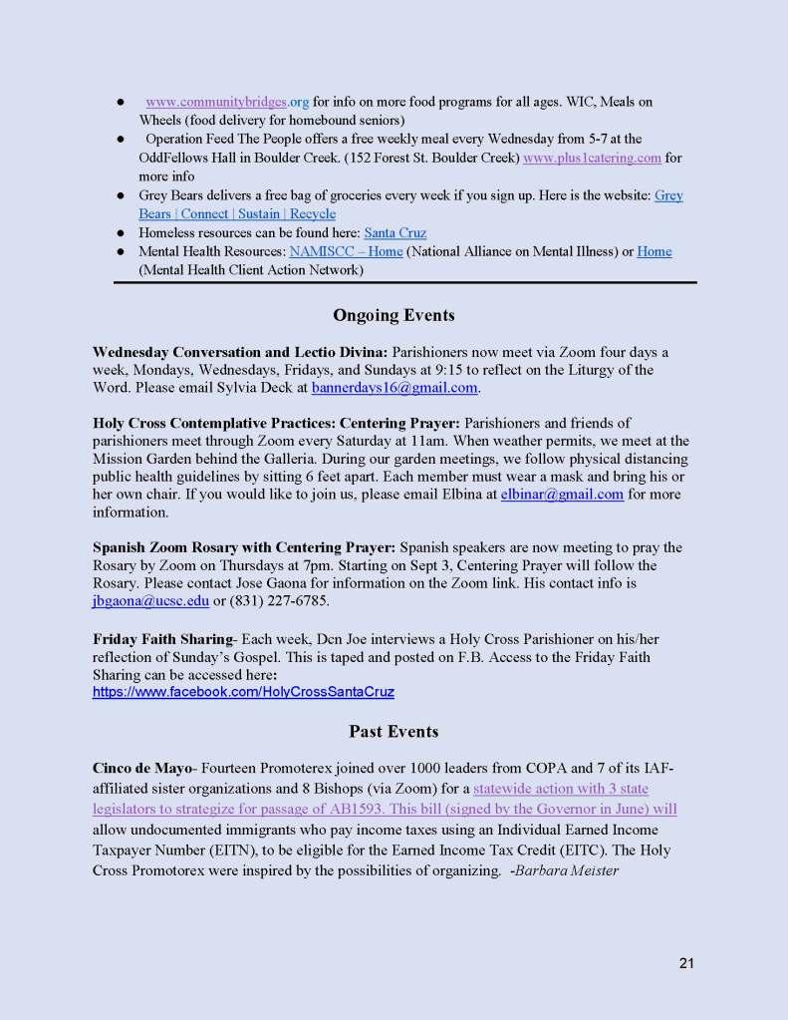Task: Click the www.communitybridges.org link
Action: pyautogui.click(x=227, y=102)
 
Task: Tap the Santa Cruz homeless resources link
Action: pyautogui.click(x=394, y=233)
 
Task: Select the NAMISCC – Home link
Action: pyautogui.click(x=346, y=251)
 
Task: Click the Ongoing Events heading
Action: pyautogui.click(x=394, y=315)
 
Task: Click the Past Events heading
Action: pyautogui.click(x=394, y=731)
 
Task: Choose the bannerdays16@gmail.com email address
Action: pyautogui.click(x=395, y=387)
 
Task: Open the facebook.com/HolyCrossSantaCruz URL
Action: pyautogui.click(x=244, y=690)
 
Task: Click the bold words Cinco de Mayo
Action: pyautogui.click(x=141, y=767)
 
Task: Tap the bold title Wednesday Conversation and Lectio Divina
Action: pyautogui.click(x=239, y=352)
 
